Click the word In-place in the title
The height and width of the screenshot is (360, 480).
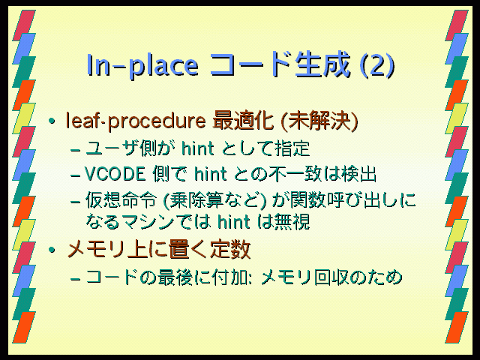tap(142, 65)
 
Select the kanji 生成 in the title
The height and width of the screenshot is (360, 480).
tap(322, 64)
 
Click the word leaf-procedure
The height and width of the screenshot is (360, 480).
tap(136, 121)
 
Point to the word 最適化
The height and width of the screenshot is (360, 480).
tap(243, 120)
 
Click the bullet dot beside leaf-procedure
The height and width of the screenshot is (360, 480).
tap(52, 121)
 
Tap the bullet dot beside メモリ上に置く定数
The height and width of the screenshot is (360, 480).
tap(52, 250)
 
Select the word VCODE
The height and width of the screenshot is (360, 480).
tap(115, 175)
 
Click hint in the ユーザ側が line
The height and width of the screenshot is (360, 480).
tap(197, 148)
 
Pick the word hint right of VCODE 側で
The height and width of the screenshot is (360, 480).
tap(210, 175)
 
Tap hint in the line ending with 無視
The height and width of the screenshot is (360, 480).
tap(233, 222)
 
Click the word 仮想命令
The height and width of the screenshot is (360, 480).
tap(121, 200)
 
